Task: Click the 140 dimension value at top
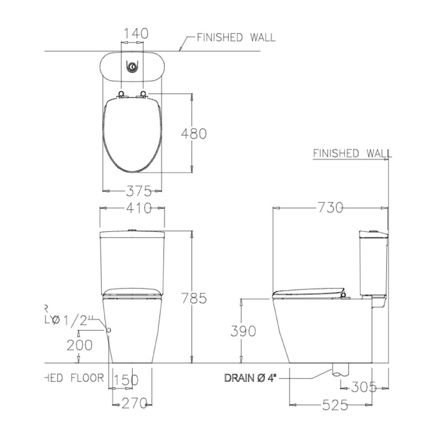coord(132,33)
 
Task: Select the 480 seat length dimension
coord(194,133)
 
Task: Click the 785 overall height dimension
coord(194,297)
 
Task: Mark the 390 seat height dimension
coord(243,331)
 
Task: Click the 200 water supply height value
coord(79,345)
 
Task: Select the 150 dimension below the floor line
coord(126,379)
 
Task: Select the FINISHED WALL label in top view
coord(236,37)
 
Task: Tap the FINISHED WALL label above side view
coord(352,154)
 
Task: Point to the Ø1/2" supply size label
coord(72,320)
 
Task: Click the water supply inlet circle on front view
coord(109,330)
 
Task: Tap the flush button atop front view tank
coord(132,229)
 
